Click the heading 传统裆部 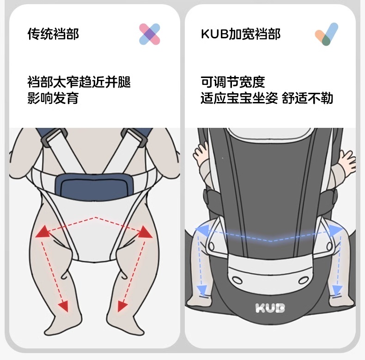click(53, 34)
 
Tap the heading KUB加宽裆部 click(241, 34)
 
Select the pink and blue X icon click(149, 34)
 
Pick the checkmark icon click(327, 34)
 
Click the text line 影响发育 click(53, 98)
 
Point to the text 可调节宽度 click(233, 82)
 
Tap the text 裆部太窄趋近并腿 click(79, 82)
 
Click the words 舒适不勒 click(308, 98)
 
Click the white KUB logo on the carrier click(270, 307)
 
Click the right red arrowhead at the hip click(146, 232)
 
